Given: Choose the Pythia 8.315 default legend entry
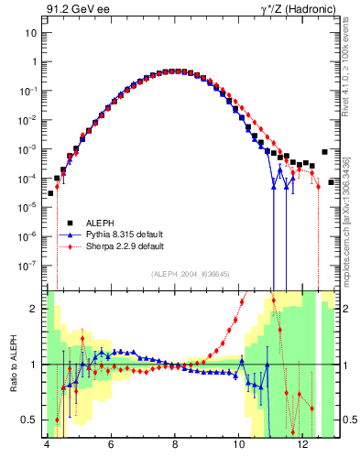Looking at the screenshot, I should [x=125, y=234].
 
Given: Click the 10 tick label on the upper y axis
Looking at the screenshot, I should [x=31, y=33].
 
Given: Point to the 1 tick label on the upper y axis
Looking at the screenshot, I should [x=34, y=61].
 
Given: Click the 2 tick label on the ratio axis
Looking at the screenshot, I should [x=34, y=309].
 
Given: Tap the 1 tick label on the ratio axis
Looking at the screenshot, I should [x=34, y=365].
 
